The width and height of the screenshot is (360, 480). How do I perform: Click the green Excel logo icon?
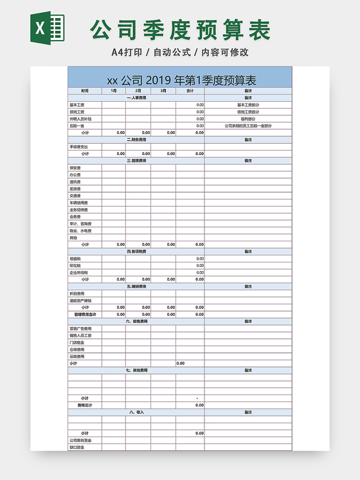[x=47, y=29]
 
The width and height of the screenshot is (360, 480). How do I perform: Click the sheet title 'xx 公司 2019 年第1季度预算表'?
[x=181, y=80]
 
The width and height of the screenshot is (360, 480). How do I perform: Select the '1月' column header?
[x=113, y=91]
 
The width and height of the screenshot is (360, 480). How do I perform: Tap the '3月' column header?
[x=163, y=91]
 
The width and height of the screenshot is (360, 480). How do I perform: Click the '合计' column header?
[x=190, y=91]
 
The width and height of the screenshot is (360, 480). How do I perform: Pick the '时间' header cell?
[x=85, y=91]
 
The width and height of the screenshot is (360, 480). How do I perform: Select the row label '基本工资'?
[x=76, y=105]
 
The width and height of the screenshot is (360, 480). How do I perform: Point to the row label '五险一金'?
[x=76, y=126]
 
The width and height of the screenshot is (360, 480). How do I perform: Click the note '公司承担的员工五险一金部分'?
[x=248, y=126]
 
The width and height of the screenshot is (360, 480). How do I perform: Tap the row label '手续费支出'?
[x=78, y=147]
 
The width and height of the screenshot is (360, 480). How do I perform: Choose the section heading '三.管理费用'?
[x=136, y=161]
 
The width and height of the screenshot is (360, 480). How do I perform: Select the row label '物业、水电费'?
[x=80, y=230]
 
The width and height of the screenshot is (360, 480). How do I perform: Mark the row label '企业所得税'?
[x=78, y=273]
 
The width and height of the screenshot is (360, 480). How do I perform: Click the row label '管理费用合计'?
[x=85, y=315]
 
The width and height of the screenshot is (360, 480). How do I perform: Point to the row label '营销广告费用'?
[x=80, y=328]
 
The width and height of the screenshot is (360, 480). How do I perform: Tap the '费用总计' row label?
[x=85, y=405]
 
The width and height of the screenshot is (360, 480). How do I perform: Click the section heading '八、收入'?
[x=136, y=412]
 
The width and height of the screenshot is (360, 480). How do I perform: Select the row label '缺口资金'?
[x=76, y=447]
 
